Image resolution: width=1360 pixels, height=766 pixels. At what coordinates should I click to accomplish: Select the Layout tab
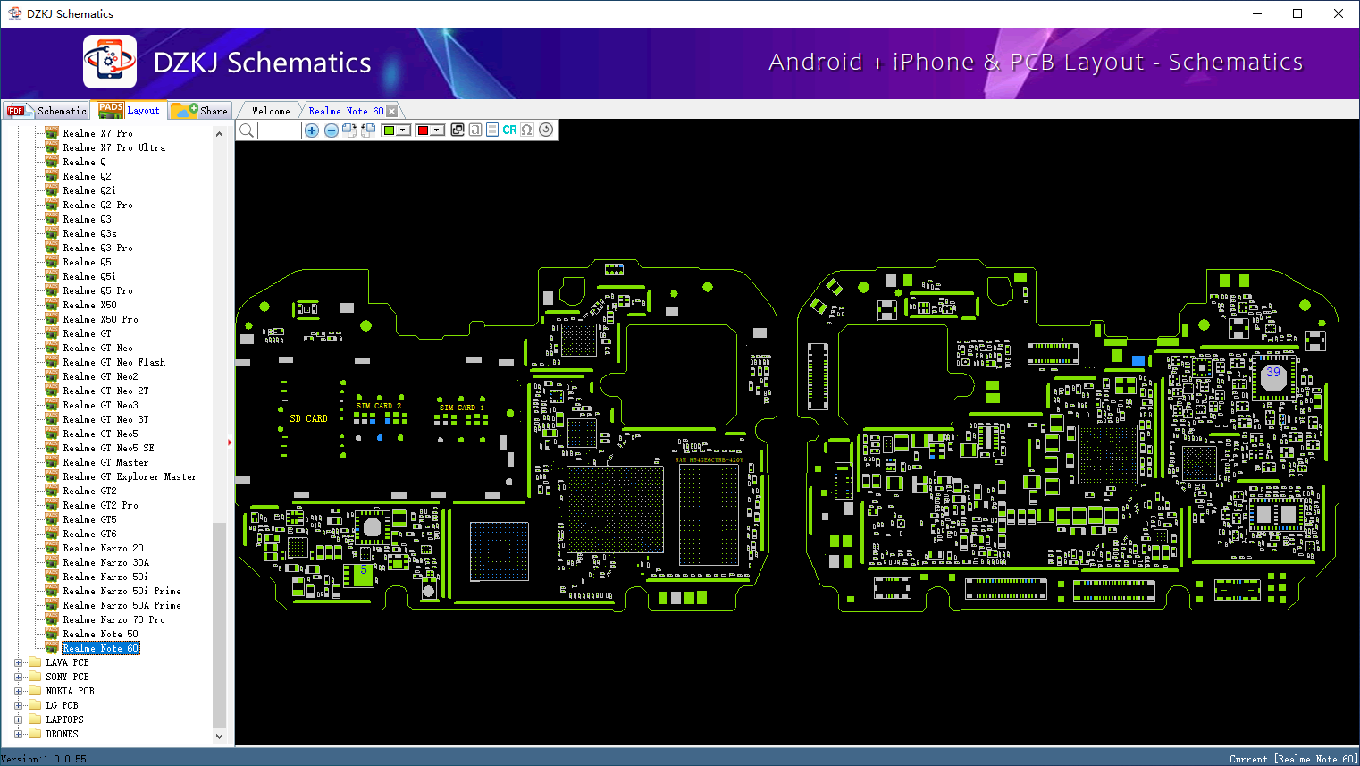tap(130, 110)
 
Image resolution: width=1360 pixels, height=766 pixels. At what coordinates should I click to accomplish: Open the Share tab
tap(201, 111)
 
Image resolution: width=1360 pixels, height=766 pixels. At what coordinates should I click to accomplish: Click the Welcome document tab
tap(271, 111)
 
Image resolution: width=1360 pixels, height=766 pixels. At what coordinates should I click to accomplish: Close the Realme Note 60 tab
tap(391, 111)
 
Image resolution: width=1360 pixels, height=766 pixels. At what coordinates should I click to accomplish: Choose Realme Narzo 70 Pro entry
tap(113, 619)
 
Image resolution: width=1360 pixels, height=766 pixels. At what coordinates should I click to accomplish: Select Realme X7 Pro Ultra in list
tap(113, 147)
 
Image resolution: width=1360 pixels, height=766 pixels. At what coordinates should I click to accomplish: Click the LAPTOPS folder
tap(64, 720)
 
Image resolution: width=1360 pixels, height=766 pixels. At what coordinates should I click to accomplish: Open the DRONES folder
tap(62, 734)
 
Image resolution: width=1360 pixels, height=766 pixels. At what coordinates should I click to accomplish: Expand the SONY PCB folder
tap(19, 677)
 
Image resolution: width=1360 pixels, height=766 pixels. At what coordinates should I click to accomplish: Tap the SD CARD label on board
tap(308, 418)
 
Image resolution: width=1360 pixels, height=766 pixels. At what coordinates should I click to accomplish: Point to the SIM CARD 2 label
tap(379, 406)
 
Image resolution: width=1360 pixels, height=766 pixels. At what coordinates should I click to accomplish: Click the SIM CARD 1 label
tap(461, 408)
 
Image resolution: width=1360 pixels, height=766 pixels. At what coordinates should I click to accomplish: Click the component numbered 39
tap(1272, 374)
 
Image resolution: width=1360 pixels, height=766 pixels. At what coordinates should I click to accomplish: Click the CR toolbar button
tap(509, 130)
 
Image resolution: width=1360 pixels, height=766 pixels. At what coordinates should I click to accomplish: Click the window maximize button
tap(1297, 13)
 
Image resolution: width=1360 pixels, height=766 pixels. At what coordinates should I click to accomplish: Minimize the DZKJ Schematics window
tap(1256, 13)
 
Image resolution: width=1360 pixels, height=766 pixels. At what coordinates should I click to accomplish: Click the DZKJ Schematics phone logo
tap(110, 62)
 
